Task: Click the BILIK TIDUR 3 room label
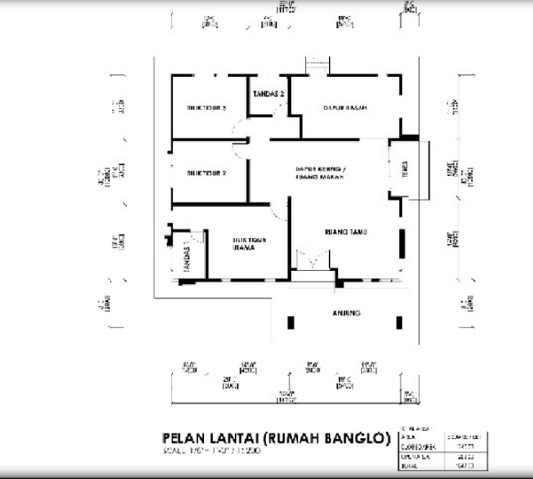(x=206, y=108)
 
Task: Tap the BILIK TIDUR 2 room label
(x=206, y=173)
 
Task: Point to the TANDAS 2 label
(x=267, y=94)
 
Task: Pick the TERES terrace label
(x=391, y=173)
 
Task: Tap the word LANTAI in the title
(x=243, y=439)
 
